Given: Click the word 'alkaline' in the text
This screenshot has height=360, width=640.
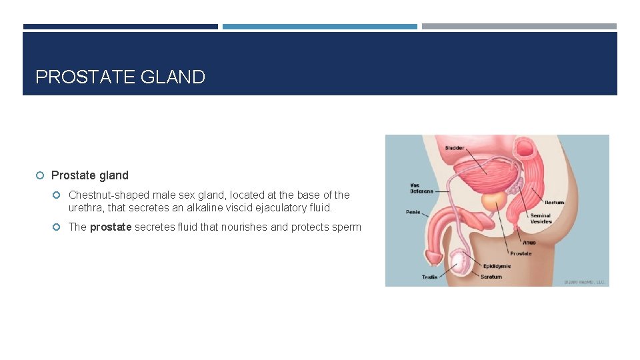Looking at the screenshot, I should coord(204,208).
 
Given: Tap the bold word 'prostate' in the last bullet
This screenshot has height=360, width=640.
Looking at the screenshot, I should coord(111,227).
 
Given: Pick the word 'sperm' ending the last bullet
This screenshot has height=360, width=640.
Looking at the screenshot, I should coord(347,227).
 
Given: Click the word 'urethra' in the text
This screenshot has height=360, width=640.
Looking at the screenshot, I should coord(85,208).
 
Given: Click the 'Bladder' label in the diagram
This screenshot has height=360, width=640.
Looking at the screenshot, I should coord(455,147).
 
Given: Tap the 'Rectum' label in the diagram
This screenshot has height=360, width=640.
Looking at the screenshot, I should coord(554,202).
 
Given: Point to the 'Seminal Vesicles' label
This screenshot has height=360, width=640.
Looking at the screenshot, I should coord(541,219).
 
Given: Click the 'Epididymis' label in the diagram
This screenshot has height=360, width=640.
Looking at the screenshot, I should coord(497,266).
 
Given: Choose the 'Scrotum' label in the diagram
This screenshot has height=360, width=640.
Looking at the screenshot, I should coord(491,277).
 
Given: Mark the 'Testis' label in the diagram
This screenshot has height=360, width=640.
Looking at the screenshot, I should coord(429,277).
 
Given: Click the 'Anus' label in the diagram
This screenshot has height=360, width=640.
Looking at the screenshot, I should coord(529,243).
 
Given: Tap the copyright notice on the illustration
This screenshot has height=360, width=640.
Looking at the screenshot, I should coord(585,282).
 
